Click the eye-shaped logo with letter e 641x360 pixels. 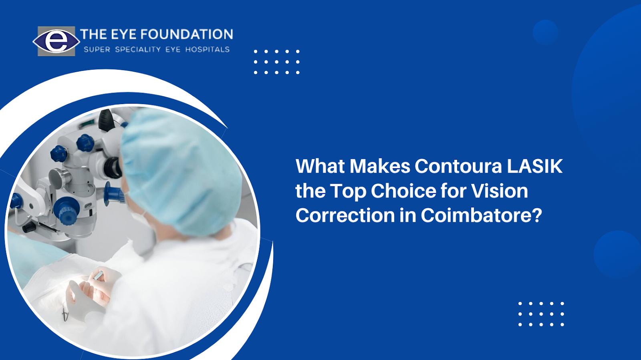56,41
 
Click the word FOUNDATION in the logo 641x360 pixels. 187,34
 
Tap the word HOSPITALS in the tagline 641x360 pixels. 208,50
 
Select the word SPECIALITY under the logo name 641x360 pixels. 138,50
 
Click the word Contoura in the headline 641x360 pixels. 458,166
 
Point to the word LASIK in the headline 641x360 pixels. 535,166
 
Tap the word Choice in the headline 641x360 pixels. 403,191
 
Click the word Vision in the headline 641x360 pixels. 500,191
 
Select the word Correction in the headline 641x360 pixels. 345,215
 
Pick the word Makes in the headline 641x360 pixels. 380,166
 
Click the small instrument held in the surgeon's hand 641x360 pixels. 98,276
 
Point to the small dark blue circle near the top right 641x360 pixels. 545,32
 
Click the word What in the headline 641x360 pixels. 320,166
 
